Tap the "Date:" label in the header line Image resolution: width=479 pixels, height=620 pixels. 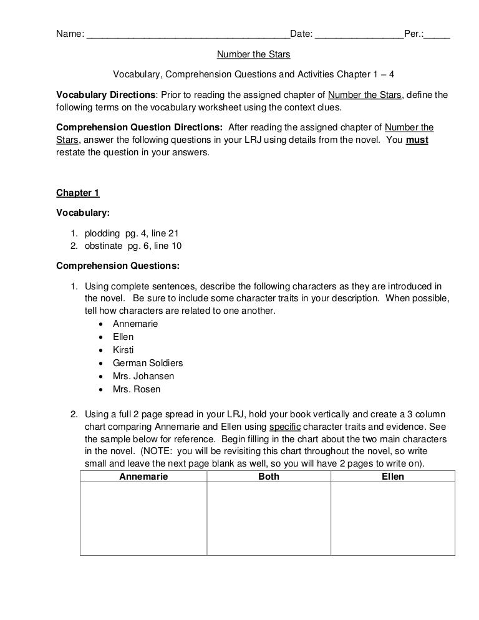[302, 33]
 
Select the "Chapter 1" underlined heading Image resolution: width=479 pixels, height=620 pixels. [77, 192]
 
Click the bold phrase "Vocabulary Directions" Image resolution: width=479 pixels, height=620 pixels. [105, 95]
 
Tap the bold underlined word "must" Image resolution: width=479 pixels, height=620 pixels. [417, 140]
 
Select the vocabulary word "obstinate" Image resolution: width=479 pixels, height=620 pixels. [104, 246]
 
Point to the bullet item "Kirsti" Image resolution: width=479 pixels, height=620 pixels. [123, 350]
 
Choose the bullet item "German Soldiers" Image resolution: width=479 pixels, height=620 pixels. [148, 363]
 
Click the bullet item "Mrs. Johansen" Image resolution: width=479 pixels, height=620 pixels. [143, 376]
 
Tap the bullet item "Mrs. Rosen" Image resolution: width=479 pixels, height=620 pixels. [137, 389]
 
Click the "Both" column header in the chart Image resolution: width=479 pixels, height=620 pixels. [268, 477]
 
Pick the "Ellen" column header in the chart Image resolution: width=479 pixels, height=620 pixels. [392, 477]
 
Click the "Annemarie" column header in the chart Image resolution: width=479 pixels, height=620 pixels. [143, 477]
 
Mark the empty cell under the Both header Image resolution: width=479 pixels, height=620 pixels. [268, 518]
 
